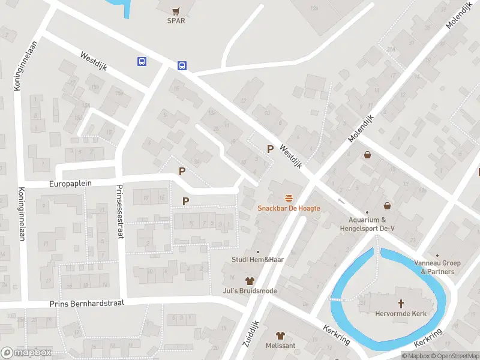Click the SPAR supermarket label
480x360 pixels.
(176, 20)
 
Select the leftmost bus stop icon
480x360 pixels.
(142, 61)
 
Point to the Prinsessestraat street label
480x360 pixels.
(119, 211)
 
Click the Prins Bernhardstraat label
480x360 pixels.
(86, 304)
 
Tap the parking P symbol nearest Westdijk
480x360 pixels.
(271, 149)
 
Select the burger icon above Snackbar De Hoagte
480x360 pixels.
(289, 198)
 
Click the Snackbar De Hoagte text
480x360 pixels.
(289, 208)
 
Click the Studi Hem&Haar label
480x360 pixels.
(258, 260)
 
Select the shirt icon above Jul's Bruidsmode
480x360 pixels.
(250, 281)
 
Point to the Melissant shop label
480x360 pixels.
(280, 346)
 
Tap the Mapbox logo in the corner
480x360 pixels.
(25, 353)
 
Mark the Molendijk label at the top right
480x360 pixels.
(460, 16)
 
